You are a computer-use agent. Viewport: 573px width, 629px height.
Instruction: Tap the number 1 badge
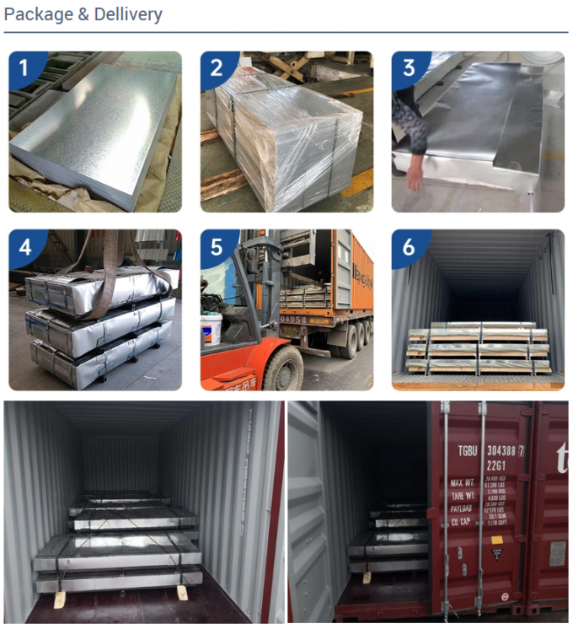pos(23,67)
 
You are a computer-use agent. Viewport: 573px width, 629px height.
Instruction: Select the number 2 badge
pos(216,67)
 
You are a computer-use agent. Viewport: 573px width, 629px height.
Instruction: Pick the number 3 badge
pos(409,67)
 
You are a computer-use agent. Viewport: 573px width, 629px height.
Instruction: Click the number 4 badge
pos(24,247)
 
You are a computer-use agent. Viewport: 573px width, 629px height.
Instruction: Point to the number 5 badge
pos(217,247)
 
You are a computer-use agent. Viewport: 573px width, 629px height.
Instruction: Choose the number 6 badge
pos(409,247)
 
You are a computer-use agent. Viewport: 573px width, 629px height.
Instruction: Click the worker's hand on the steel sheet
pos(415,177)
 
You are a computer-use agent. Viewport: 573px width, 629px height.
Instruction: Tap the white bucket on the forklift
pos(211,328)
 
